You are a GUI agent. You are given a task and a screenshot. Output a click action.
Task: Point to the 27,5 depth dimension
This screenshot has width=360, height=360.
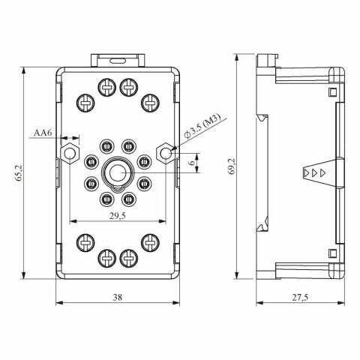[x=301, y=298]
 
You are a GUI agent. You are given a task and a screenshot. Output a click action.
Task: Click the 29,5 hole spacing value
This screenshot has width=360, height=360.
[x=118, y=215]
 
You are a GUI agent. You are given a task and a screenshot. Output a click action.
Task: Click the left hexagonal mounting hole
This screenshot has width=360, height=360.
[x=70, y=153]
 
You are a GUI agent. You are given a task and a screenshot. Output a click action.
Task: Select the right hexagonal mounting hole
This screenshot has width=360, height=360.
[x=166, y=153]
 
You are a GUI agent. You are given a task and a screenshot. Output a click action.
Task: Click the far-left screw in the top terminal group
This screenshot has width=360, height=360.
[x=85, y=100]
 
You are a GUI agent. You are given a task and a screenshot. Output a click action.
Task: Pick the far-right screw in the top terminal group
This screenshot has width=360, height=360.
[x=151, y=100]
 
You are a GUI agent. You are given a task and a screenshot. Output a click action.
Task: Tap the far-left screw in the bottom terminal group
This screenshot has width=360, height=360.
[x=85, y=241]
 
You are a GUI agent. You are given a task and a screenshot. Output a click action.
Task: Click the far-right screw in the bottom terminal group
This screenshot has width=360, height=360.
[x=151, y=241]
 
